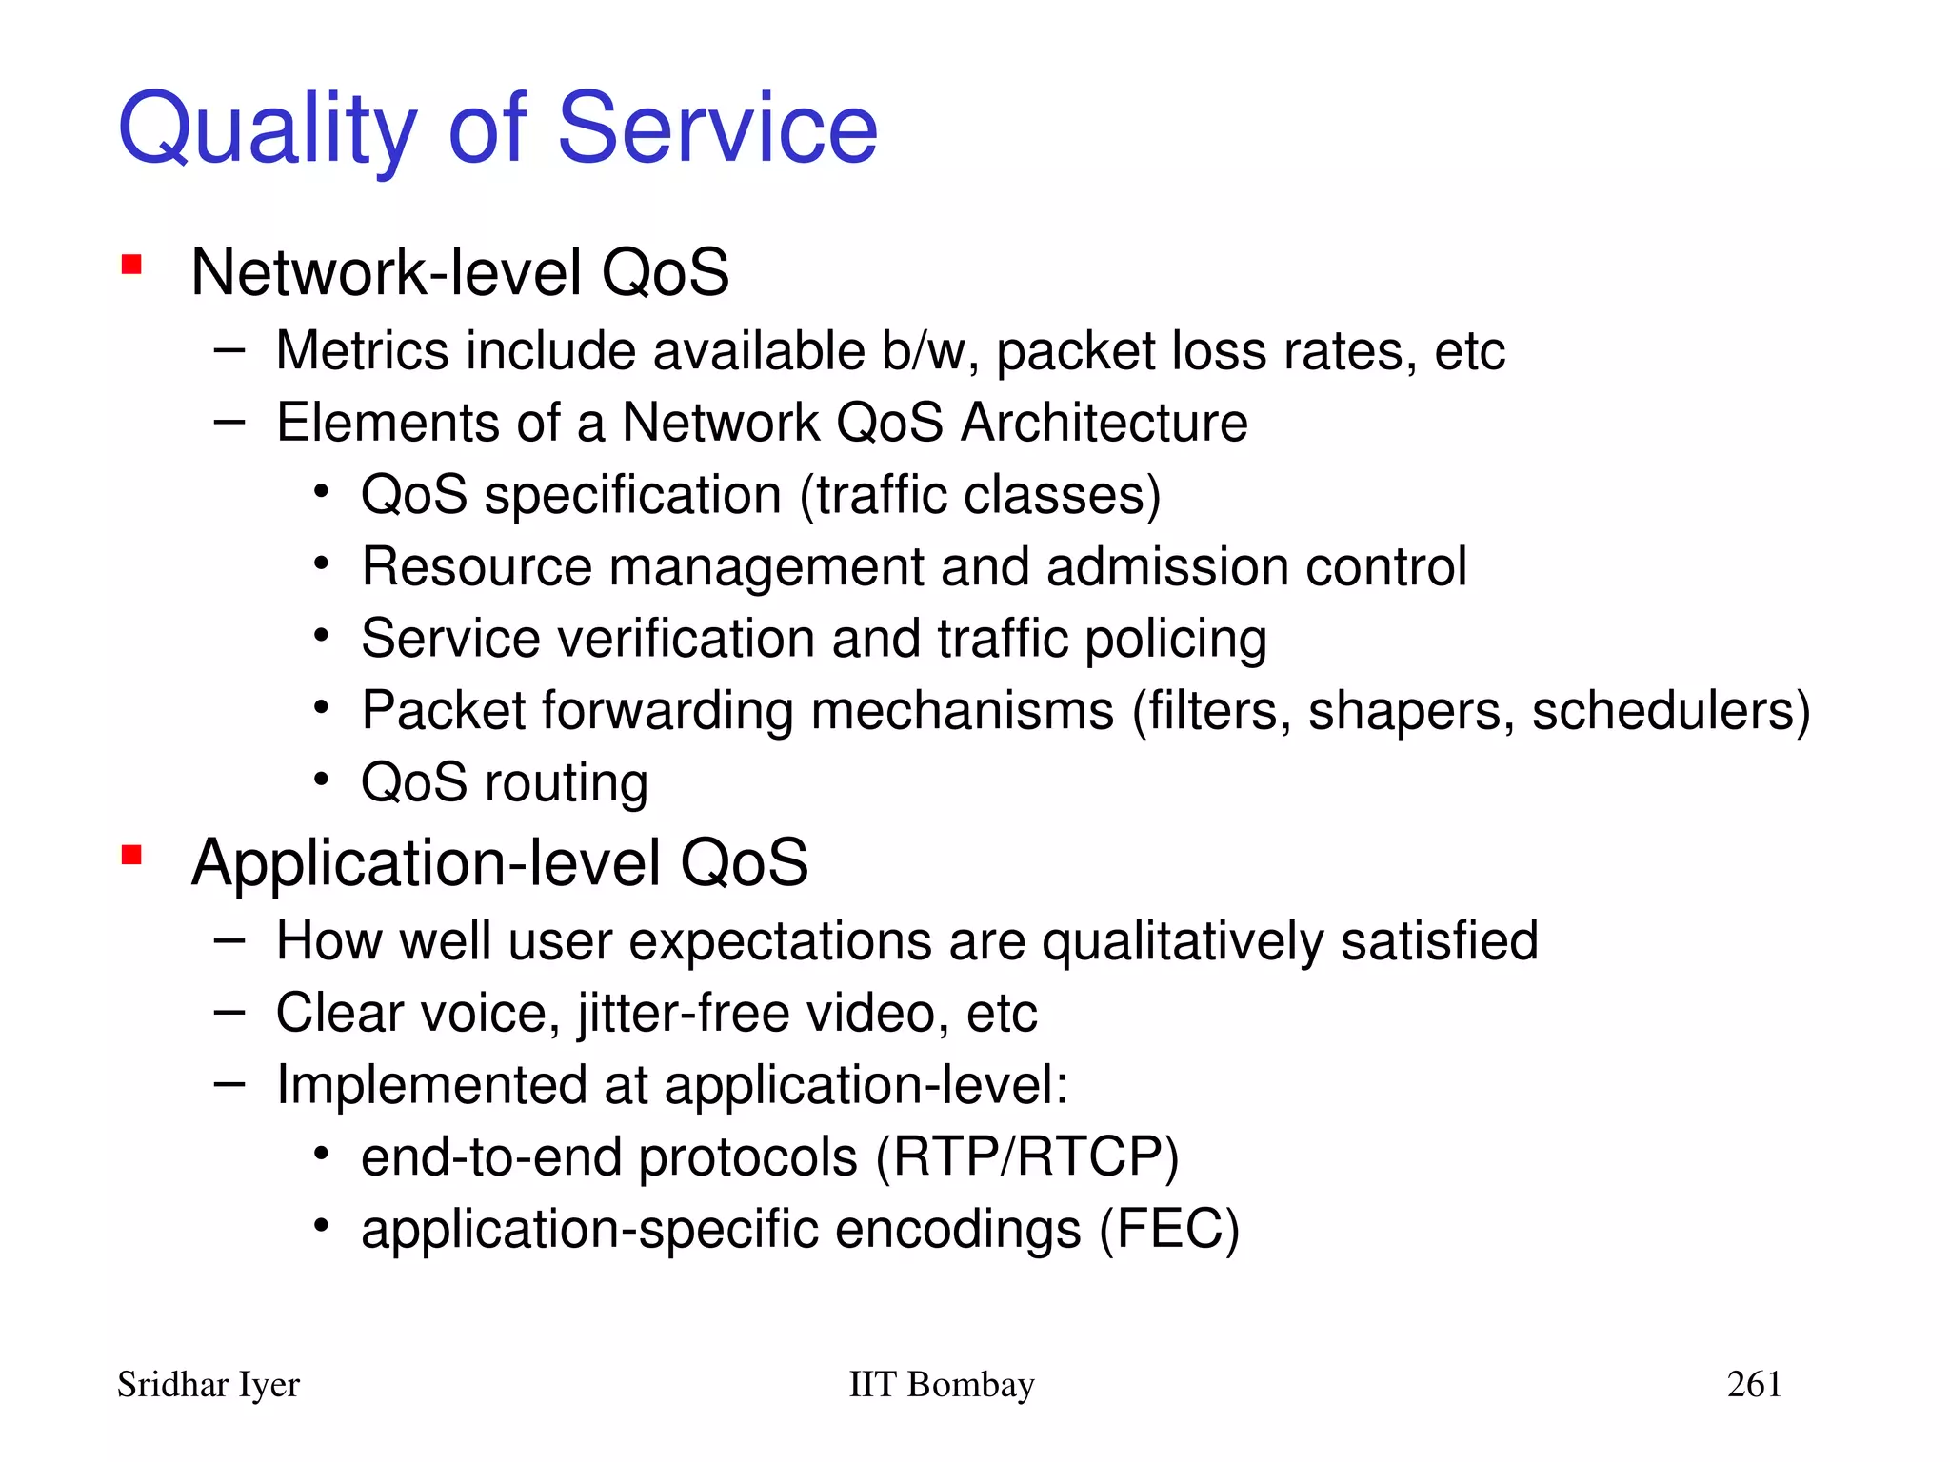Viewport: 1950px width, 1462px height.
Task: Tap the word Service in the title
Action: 716,128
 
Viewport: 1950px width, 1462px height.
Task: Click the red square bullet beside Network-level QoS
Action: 131,265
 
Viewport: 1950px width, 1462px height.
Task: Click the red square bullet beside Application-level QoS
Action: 131,856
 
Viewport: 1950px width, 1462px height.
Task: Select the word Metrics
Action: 362,351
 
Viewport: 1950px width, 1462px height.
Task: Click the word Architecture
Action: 1104,423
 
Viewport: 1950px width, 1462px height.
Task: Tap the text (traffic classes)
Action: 980,496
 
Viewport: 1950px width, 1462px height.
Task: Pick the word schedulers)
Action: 1671,711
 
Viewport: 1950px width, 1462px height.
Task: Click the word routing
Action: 566,783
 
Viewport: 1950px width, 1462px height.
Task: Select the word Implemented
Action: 430,1085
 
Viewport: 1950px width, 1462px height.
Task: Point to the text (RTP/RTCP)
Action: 1027,1157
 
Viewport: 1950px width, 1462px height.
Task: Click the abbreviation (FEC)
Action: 1169,1229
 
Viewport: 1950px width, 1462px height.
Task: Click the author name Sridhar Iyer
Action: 208,1385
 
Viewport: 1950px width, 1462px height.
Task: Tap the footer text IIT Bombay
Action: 941,1385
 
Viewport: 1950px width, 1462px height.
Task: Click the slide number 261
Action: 1754,1385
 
